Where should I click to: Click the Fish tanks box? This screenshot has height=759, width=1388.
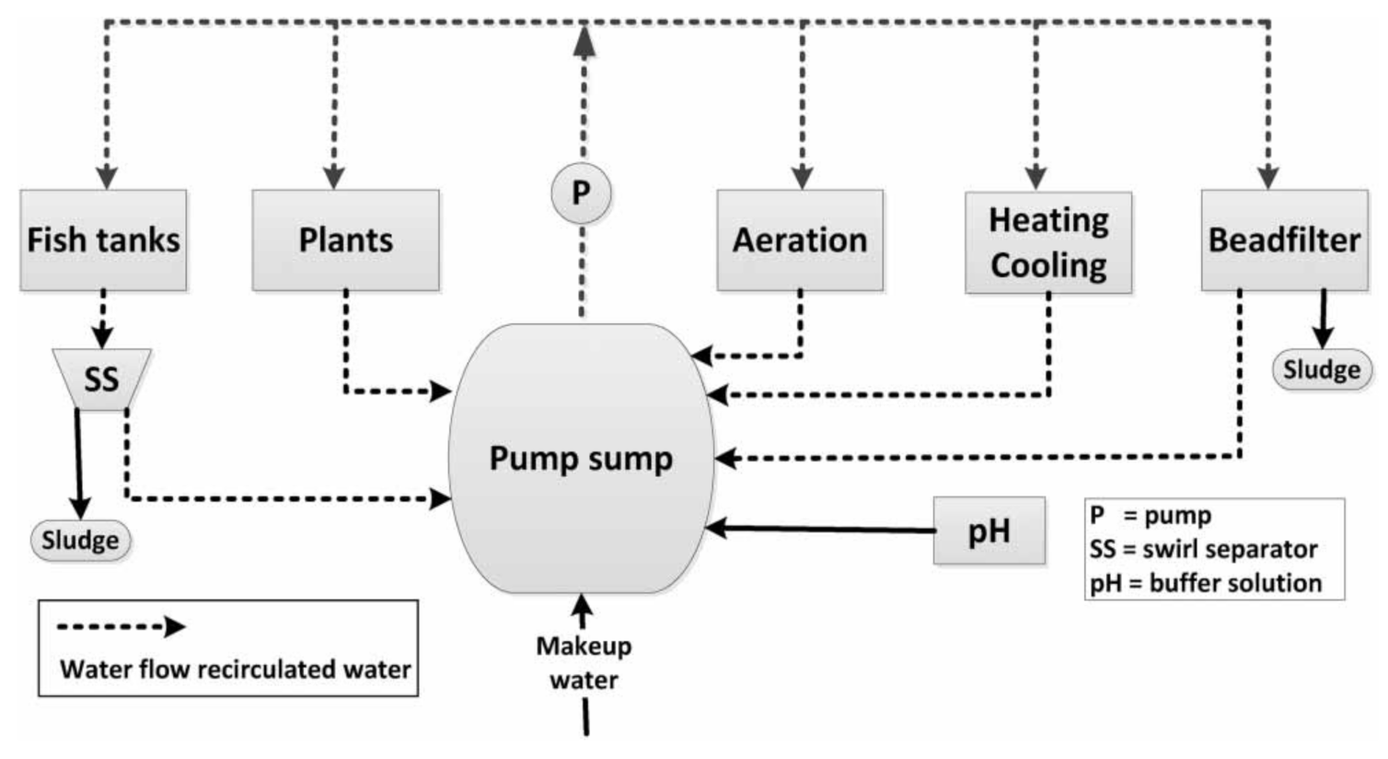pyautogui.click(x=103, y=240)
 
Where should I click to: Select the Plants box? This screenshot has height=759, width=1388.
pyautogui.click(x=345, y=240)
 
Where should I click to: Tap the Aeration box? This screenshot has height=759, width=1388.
pyautogui.click(x=800, y=240)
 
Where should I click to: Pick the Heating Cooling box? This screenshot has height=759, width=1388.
pyautogui.click(x=1048, y=243)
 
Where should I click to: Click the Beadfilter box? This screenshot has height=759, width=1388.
pyautogui.click(x=1284, y=240)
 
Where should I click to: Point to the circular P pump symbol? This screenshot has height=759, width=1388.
pyautogui.click(x=581, y=193)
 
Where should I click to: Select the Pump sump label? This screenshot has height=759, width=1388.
pyautogui.click(x=581, y=458)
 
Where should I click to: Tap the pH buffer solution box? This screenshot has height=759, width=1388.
pyautogui.click(x=989, y=531)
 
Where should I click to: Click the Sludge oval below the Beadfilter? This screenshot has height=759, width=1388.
pyautogui.click(x=1322, y=370)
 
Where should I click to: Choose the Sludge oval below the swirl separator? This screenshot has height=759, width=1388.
pyautogui.click(x=80, y=540)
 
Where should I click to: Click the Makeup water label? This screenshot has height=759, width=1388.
pyautogui.click(x=584, y=662)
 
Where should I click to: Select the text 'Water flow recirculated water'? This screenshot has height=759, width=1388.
pyautogui.click(x=235, y=669)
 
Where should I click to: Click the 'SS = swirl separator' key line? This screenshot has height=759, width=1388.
pyautogui.click(x=1203, y=549)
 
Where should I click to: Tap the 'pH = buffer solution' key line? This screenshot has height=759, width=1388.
pyautogui.click(x=1206, y=583)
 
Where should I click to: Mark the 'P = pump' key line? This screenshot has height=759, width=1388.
pyautogui.click(x=1151, y=515)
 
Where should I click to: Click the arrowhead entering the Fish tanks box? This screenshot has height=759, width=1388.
pyautogui.click(x=108, y=178)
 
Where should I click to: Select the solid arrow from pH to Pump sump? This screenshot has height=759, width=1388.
pyautogui.click(x=819, y=529)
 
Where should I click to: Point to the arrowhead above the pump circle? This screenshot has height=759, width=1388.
pyautogui.click(x=584, y=41)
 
